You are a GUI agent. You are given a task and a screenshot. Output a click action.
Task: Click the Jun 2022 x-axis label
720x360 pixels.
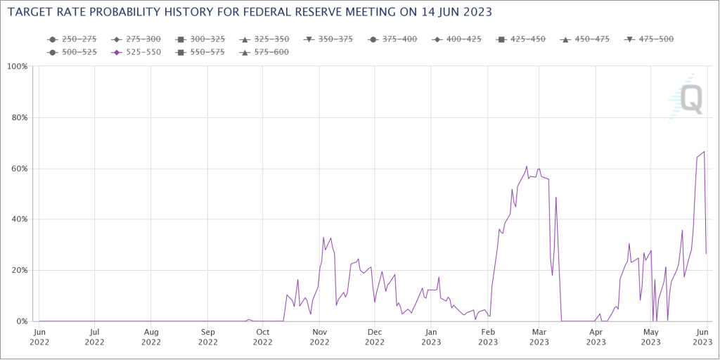39,337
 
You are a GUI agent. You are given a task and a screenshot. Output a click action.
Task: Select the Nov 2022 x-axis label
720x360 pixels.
320,337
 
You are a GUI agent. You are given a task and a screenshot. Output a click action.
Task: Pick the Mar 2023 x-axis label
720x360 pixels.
539,337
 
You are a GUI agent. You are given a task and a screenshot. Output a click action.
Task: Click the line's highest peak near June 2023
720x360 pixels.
704,152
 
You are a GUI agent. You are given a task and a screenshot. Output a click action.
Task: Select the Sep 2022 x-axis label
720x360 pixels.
207,337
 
